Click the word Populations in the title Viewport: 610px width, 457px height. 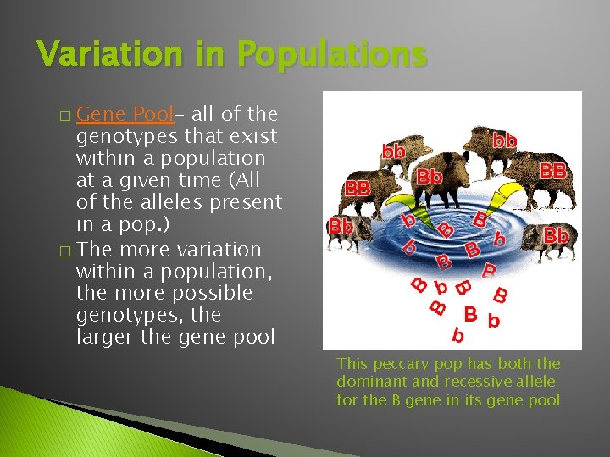click(x=331, y=55)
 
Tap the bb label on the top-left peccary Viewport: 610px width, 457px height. click(x=393, y=152)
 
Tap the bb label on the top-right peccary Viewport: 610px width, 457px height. click(x=505, y=140)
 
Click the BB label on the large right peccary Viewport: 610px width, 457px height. click(x=552, y=171)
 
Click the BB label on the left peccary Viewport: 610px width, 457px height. click(x=357, y=189)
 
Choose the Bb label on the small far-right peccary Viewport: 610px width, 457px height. click(x=556, y=234)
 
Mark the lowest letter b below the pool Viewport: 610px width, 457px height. click(x=458, y=337)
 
